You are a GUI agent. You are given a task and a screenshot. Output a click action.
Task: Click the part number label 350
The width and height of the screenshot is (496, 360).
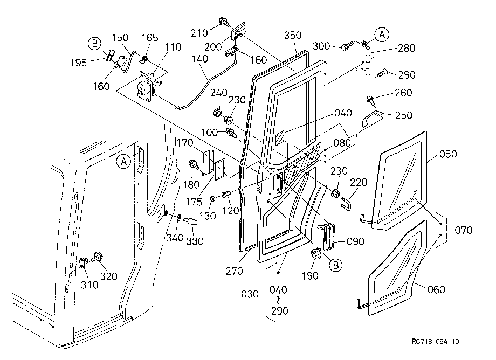coord(293,35)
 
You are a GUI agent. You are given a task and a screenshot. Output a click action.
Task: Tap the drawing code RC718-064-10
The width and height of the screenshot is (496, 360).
coord(435,341)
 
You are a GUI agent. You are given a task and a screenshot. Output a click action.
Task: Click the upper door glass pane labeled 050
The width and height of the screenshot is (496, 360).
coord(398,180)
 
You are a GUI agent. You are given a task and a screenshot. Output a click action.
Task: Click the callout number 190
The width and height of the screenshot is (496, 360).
coord(310,275)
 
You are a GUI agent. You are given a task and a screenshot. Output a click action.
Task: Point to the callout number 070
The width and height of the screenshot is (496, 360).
coord(464,230)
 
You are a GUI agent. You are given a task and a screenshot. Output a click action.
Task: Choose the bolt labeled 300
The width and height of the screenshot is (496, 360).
coord(346,46)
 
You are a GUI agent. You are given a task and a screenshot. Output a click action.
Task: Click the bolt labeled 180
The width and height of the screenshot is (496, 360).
coord(193,165)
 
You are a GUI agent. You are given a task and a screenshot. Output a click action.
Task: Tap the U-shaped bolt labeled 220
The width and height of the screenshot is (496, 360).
coord(346,203)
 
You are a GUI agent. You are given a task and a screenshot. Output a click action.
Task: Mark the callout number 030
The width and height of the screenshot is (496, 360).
coord(250,294)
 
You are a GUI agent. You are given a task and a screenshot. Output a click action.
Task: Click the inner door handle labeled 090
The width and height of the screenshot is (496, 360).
coord(328,237)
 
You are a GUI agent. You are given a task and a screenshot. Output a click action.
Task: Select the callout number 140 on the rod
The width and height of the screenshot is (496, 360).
coord(200,59)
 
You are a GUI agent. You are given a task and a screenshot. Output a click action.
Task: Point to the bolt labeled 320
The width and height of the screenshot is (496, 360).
coord(97,257)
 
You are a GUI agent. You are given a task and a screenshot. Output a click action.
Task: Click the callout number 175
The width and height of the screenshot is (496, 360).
coord(194,202)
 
